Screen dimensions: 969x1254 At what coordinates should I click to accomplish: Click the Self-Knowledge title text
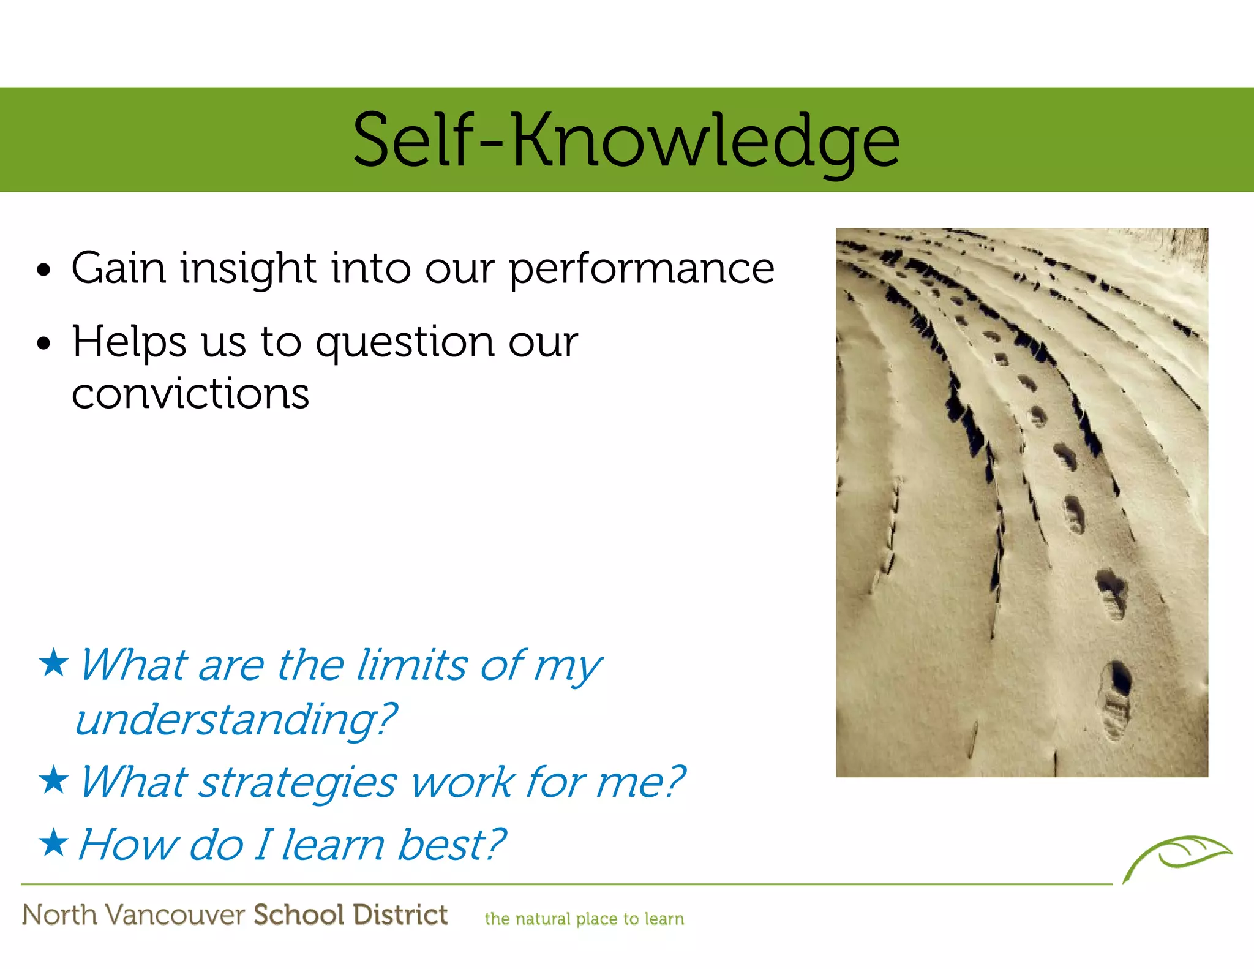point(626,141)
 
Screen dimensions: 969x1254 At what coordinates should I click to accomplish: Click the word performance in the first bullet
point(641,270)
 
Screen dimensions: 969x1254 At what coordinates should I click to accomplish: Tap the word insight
point(248,270)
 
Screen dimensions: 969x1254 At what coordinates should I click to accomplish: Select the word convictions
point(190,394)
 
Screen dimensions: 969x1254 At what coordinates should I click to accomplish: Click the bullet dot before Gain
point(43,270)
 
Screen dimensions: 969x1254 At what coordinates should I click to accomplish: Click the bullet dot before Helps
point(43,344)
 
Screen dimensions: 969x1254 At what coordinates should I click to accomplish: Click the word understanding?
point(236,720)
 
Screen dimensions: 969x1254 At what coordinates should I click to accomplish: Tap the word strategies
point(298,783)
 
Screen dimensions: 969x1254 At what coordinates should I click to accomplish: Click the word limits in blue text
point(411,665)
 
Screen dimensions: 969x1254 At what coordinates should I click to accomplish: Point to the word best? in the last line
point(451,845)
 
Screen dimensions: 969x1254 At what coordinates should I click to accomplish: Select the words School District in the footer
point(350,914)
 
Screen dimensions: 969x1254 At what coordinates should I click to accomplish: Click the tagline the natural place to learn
point(584,919)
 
